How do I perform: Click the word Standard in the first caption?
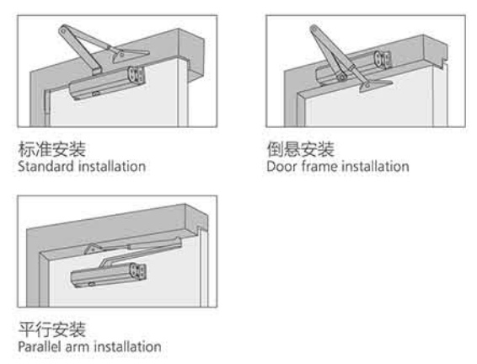46,167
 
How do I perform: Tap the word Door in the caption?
281,167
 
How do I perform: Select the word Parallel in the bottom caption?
40,346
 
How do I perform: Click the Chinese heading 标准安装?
52,149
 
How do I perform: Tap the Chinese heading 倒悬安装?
301,149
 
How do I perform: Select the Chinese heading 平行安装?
52,329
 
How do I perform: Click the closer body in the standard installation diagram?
106,83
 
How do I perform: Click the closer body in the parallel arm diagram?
109,276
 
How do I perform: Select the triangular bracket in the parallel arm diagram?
94,249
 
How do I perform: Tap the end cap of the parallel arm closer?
138,271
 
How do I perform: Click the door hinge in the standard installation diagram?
47,102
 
